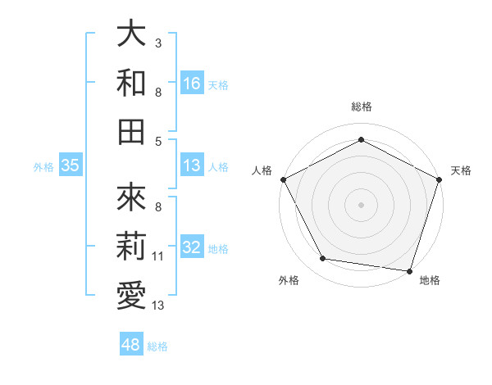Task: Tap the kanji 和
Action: tap(131, 83)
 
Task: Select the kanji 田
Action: tap(131, 131)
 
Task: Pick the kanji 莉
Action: tap(131, 246)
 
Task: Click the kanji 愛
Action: tap(131, 294)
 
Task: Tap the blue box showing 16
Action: tap(192, 83)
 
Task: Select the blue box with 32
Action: tap(192, 248)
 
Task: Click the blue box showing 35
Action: tap(70, 165)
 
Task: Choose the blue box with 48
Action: tap(131, 345)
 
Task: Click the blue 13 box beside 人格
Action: tap(192, 165)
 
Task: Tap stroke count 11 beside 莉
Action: tap(157, 256)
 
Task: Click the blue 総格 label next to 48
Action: tap(158, 346)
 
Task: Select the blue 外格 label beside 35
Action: tap(43, 167)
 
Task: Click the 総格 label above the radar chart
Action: tap(361, 106)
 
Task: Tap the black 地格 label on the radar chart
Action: tap(430, 280)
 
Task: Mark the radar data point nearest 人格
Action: tap(284, 179)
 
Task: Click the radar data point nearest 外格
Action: tap(323, 259)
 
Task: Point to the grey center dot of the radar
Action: tap(361, 204)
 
